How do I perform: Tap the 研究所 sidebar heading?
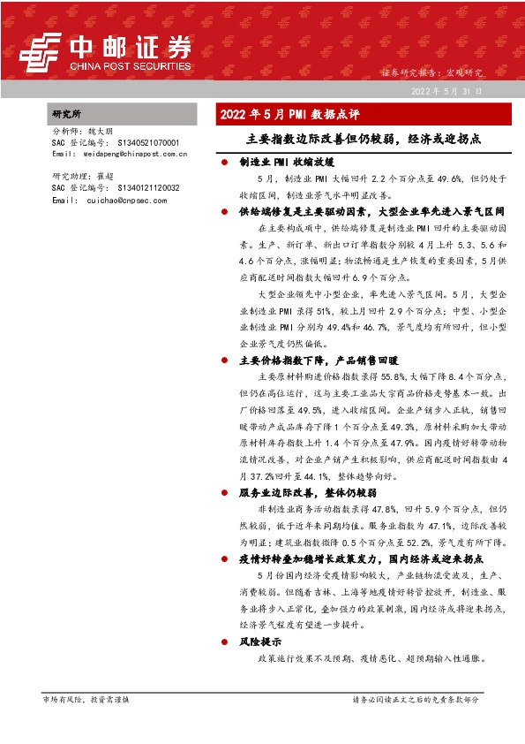click(x=67, y=115)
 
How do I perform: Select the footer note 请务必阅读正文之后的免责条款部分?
click(x=416, y=700)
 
